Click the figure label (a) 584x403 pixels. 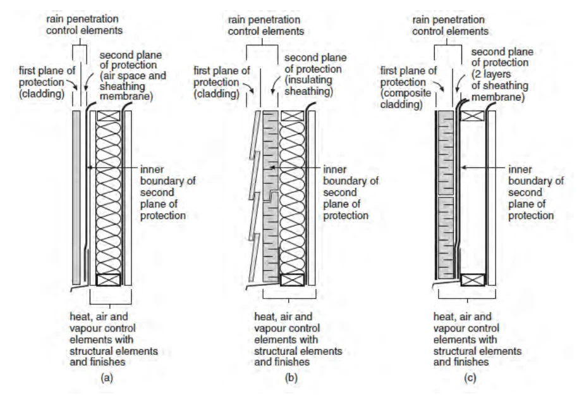107,378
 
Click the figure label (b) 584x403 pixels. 291,378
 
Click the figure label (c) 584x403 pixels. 470,378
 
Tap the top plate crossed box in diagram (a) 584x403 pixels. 108,116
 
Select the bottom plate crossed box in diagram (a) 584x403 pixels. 108,280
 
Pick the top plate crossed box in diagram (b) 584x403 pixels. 293,116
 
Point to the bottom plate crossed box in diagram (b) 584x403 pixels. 293,280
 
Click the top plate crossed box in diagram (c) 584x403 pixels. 473,116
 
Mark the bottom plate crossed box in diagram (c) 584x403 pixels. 473,280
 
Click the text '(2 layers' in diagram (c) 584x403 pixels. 491,74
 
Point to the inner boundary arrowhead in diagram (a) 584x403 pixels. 89,168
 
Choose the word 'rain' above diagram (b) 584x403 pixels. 237,20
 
